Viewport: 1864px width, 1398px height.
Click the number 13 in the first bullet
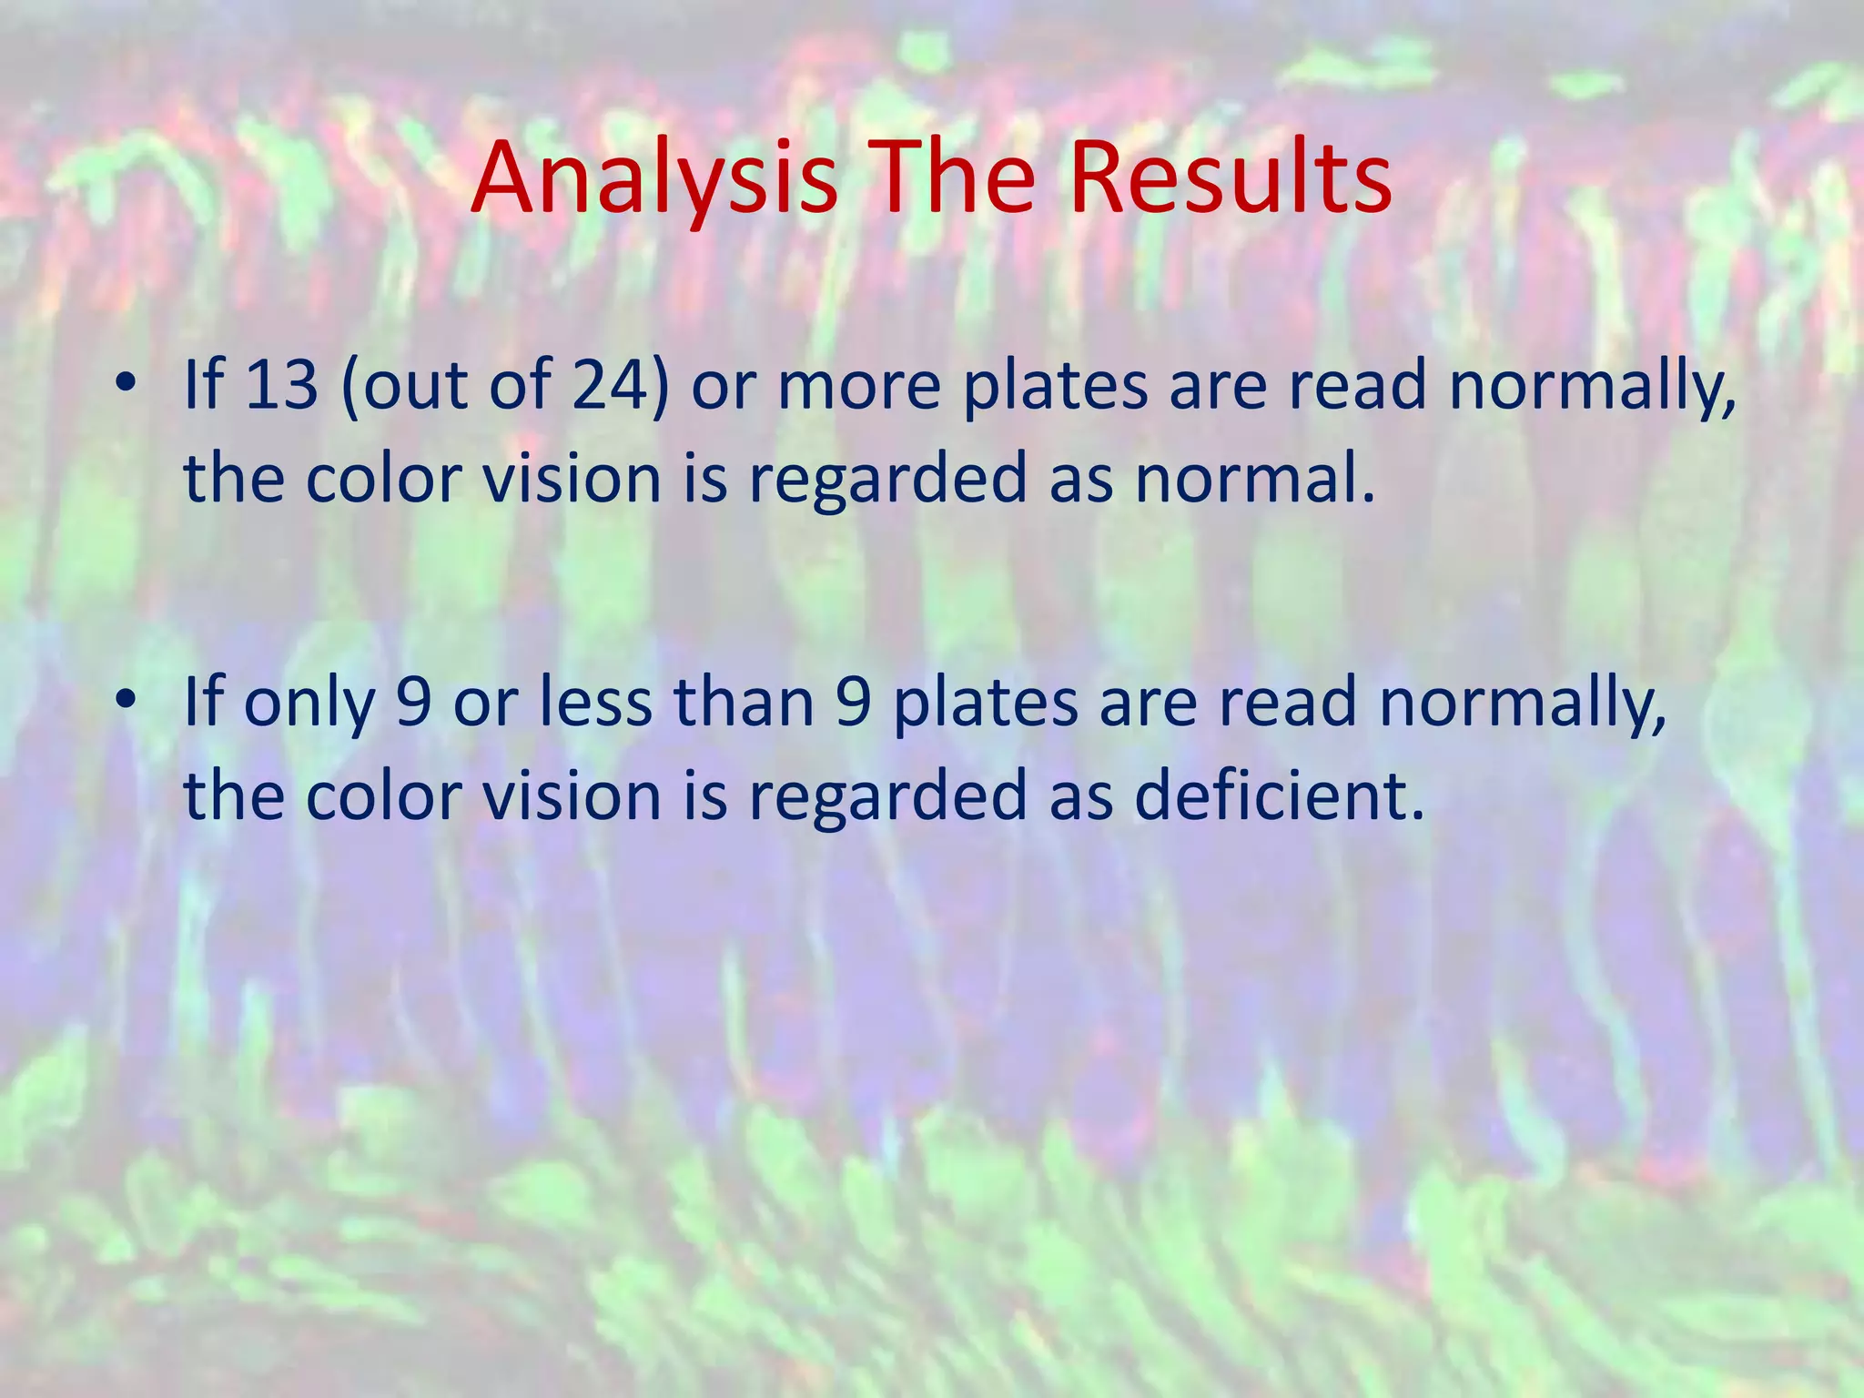(x=281, y=384)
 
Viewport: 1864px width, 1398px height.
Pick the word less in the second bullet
(x=596, y=703)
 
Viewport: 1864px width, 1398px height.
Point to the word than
(x=744, y=703)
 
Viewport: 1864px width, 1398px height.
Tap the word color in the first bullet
(x=382, y=479)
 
